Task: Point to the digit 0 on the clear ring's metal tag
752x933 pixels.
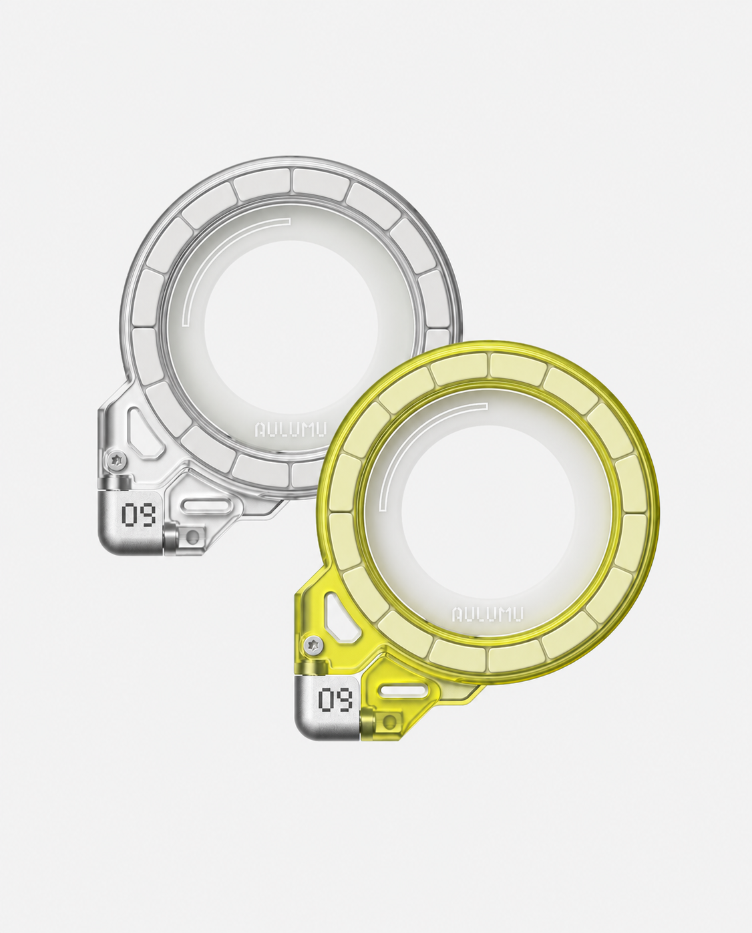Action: [129, 515]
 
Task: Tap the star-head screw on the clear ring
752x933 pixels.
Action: [116, 459]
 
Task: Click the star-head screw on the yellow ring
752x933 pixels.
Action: [313, 644]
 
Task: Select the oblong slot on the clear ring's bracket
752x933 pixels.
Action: [206, 506]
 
